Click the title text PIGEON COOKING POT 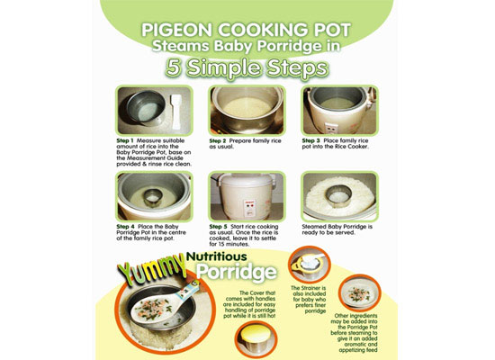click(247, 30)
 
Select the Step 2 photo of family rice click(247, 110)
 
